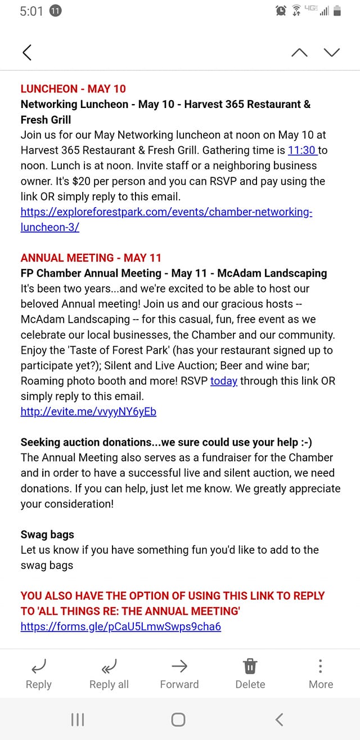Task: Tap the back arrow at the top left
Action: click(26, 52)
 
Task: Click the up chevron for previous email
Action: click(300, 52)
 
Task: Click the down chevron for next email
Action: click(332, 52)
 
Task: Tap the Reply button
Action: click(39, 674)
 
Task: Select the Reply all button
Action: click(109, 674)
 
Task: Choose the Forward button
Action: click(179, 674)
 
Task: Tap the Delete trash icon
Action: click(250, 674)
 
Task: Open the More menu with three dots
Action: click(321, 674)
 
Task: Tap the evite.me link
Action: click(88, 411)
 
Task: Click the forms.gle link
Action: click(120, 626)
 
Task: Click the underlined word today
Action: click(224, 381)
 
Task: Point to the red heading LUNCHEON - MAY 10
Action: click(73, 88)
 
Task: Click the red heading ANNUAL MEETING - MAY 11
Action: click(91, 258)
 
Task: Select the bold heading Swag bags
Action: click(47, 534)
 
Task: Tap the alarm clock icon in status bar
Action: click(281, 11)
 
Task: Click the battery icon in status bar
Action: click(337, 11)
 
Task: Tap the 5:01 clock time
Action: click(31, 11)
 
